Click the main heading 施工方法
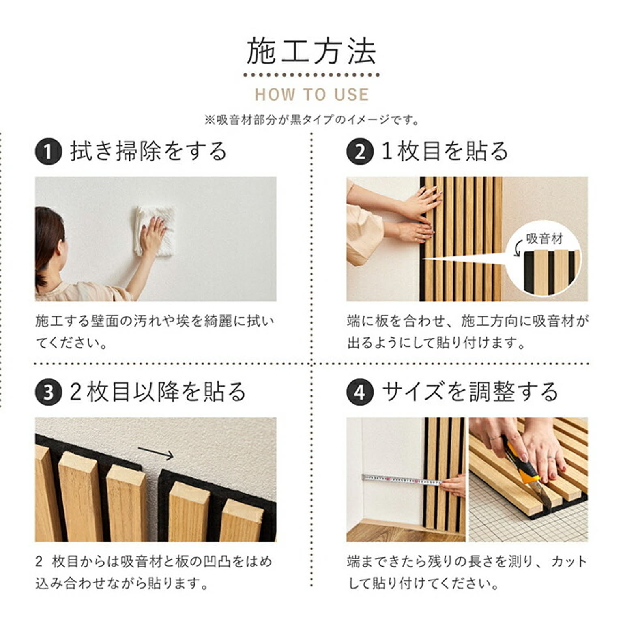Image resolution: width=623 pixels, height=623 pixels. [x=311, y=51]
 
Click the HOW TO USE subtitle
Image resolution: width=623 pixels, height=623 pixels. [x=311, y=95]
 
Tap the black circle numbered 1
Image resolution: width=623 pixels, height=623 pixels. [x=48, y=152]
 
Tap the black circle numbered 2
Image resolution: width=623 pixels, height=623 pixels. [x=360, y=152]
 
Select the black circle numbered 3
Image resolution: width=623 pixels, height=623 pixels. [x=48, y=393]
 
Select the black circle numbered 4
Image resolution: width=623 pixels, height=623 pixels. [x=360, y=393]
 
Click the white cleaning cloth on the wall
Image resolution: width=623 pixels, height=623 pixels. [x=156, y=231]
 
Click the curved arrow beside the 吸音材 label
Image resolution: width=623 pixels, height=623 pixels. [x=517, y=248]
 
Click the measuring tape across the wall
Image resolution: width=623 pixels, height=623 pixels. [x=402, y=480]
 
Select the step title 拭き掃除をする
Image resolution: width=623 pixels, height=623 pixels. [x=149, y=152]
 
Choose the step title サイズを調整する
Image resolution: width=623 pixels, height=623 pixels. [x=470, y=392]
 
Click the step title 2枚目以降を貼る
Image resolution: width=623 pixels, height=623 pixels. [x=158, y=392]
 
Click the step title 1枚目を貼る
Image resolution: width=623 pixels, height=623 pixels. [x=445, y=152]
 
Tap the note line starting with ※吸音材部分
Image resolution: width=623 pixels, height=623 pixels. [x=311, y=120]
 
